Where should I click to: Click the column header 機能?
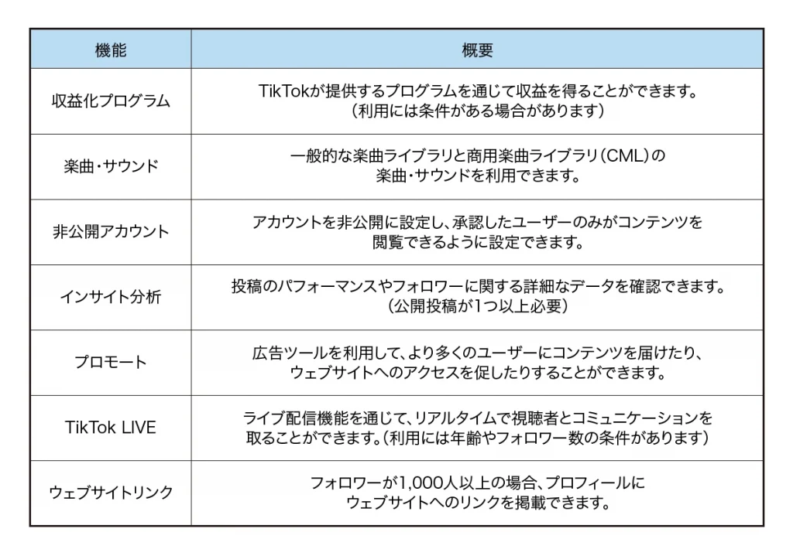pos(110,50)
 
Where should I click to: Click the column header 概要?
pos(477,50)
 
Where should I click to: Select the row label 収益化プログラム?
pos(110,101)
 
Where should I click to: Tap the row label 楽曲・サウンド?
pos(111,166)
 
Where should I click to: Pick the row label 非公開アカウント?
pos(110,231)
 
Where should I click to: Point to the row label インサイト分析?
pos(110,296)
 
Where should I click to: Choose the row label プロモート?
pos(110,362)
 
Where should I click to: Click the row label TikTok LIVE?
pos(110,427)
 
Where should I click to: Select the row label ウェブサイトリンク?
pos(110,493)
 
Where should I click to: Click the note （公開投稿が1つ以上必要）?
pos(477,306)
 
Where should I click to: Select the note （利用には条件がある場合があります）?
pos(477,111)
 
